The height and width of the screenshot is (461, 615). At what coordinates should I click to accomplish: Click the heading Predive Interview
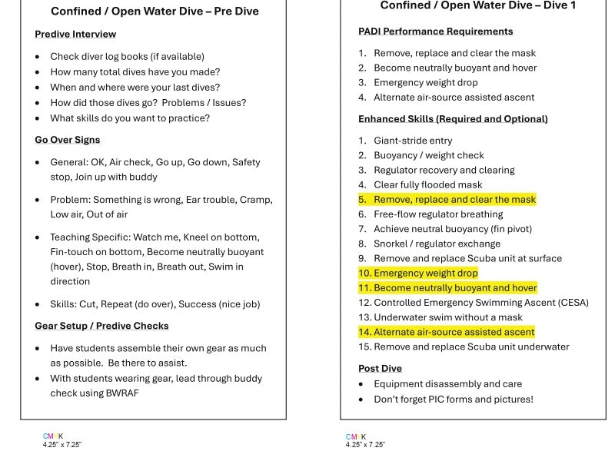pyautogui.click(x=75, y=34)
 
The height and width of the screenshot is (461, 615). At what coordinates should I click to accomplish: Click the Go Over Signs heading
pyautogui.click(x=68, y=140)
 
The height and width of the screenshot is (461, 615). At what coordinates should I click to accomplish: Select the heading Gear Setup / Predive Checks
pyautogui.click(x=101, y=326)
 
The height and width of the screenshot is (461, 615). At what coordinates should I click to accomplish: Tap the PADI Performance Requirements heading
pyautogui.click(x=435, y=32)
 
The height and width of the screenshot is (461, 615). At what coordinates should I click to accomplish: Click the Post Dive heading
pyautogui.click(x=380, y=369)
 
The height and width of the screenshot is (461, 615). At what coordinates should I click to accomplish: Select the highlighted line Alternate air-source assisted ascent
pyautogui.click(x=454, y=332)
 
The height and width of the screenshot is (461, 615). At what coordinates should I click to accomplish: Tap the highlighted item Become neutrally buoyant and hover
pyautogui.click(x=455, y=287)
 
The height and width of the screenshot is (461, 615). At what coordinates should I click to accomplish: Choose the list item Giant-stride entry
pyautogui.click(x=413, y=141)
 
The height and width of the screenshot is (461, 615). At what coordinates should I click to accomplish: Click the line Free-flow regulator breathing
pyautogui.click(x=438, y=214)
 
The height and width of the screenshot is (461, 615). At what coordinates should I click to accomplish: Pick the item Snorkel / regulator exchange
pyautogui.click(x=437, y=244)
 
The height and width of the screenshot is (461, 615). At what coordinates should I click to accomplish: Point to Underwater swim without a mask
pyautogui.click(x=447, y=317)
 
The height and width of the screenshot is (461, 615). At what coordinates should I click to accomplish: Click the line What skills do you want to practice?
pyautogui.click(x=130, y=118)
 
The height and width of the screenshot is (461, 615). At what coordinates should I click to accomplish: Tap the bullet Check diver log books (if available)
pyautogui.click(x=127, y=56)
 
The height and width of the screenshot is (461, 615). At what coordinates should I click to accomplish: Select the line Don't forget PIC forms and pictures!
pyautogui.click(x=453, y=400)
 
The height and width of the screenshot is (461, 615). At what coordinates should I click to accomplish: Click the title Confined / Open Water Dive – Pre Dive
pyautogui.click(x=155, y=12)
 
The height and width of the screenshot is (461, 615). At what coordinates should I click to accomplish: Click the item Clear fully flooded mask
pyautogui.click(x=428, y=185)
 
